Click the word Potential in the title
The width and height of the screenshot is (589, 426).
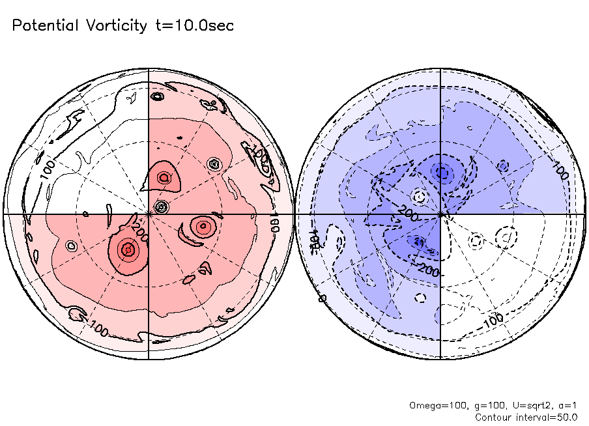tap(45, 25)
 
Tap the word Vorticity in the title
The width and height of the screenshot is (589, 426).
tap(115, 25)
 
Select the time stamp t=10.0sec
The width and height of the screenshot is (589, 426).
tap(193, 25)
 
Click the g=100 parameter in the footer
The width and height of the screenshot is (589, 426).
tap(485, 405)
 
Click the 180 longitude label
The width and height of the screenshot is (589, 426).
tap(274, 220)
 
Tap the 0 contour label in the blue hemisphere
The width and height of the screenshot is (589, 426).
tap(321, 298)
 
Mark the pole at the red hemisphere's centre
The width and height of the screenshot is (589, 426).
tap(149, 213)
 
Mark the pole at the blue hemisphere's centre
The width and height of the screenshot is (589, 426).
tap(441, 213)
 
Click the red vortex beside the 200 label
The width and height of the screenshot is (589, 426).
tap(128, 249)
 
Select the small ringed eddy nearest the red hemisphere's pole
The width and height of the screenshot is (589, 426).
tap(162, 206)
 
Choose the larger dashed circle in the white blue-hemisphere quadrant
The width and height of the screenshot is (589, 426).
tap(505, 236)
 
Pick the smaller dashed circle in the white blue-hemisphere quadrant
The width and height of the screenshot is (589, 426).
tap(477, 241)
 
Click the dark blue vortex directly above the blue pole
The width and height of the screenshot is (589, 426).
tap(443, 173)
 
